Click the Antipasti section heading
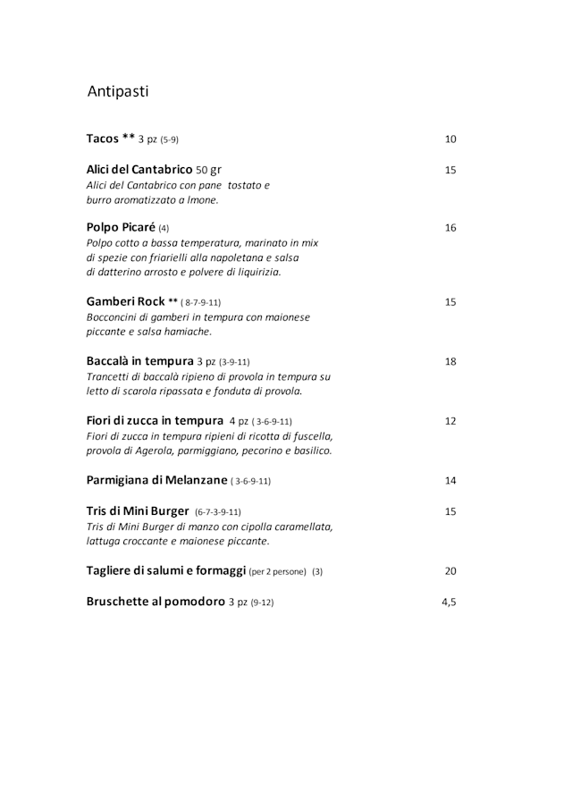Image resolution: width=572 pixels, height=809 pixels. (x=118, y=91)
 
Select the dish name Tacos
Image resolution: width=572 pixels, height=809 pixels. (x=103, y=139)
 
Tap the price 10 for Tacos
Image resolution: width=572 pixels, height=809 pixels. (x=450, y=139)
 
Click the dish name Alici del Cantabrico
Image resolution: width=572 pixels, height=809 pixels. (x=139, y=170)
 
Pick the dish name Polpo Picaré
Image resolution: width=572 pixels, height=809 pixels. (x=122, y=227)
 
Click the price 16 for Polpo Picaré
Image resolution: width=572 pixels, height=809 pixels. (x=450, y=228)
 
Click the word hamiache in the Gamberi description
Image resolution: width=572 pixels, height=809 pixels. (x=187, y=332)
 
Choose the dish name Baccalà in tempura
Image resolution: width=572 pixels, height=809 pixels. (x=139, y=361)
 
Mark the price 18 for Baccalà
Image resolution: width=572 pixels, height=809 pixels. (x=450, y=362)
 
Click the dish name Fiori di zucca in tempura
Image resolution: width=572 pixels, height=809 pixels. (x=155, y=420)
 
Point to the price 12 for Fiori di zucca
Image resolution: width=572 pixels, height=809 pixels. (x=450, y=421)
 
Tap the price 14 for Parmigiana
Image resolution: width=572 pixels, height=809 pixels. (x=450, y=481)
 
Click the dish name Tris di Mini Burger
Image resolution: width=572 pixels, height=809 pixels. (x=138, y=511)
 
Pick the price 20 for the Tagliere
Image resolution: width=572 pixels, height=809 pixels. (x=450, y=571)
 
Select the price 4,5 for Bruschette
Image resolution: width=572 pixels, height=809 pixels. (x=449, y=603)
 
